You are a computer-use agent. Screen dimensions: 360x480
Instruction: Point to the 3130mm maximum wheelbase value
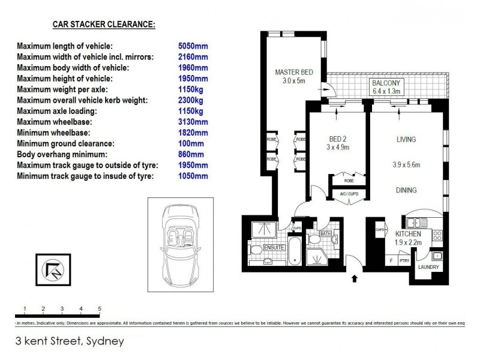point(193,122)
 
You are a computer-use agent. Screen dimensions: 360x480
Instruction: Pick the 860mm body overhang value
point(191,154)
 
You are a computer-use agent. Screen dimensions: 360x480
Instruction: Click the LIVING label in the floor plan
point(406,139)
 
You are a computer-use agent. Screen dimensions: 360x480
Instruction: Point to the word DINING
point(406,190)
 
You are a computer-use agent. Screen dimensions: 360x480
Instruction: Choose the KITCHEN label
point(408,234)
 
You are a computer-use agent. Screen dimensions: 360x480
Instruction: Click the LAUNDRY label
point(428,267)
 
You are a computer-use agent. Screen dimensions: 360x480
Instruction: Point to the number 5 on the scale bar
point(99,309)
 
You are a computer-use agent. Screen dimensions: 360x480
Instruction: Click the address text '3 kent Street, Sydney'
point(70,341)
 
